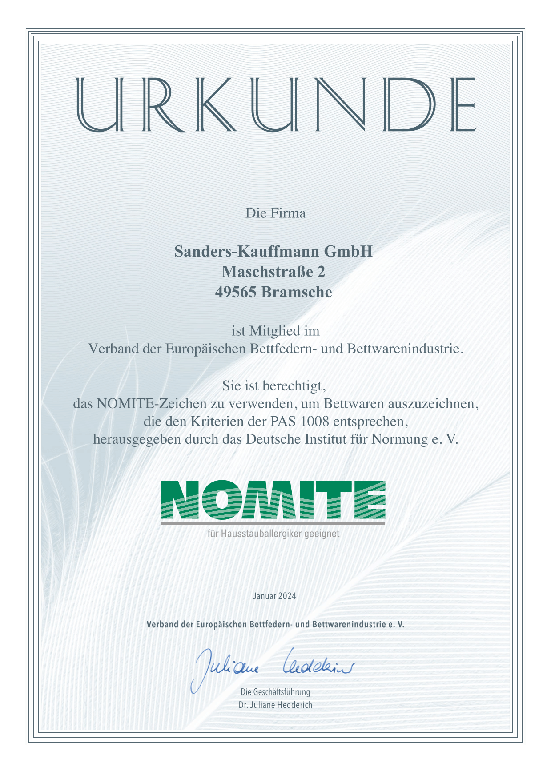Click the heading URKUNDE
276,105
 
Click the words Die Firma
276,213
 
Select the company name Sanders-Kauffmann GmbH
273,251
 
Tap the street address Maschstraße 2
273,272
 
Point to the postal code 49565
236,292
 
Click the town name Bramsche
297,292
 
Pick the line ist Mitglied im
276,331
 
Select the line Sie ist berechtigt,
275,385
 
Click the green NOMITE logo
273,500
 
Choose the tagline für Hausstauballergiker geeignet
273,533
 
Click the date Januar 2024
274,596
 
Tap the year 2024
287,596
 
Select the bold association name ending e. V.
275,625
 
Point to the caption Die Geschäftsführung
275,692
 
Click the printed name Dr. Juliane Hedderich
275,705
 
